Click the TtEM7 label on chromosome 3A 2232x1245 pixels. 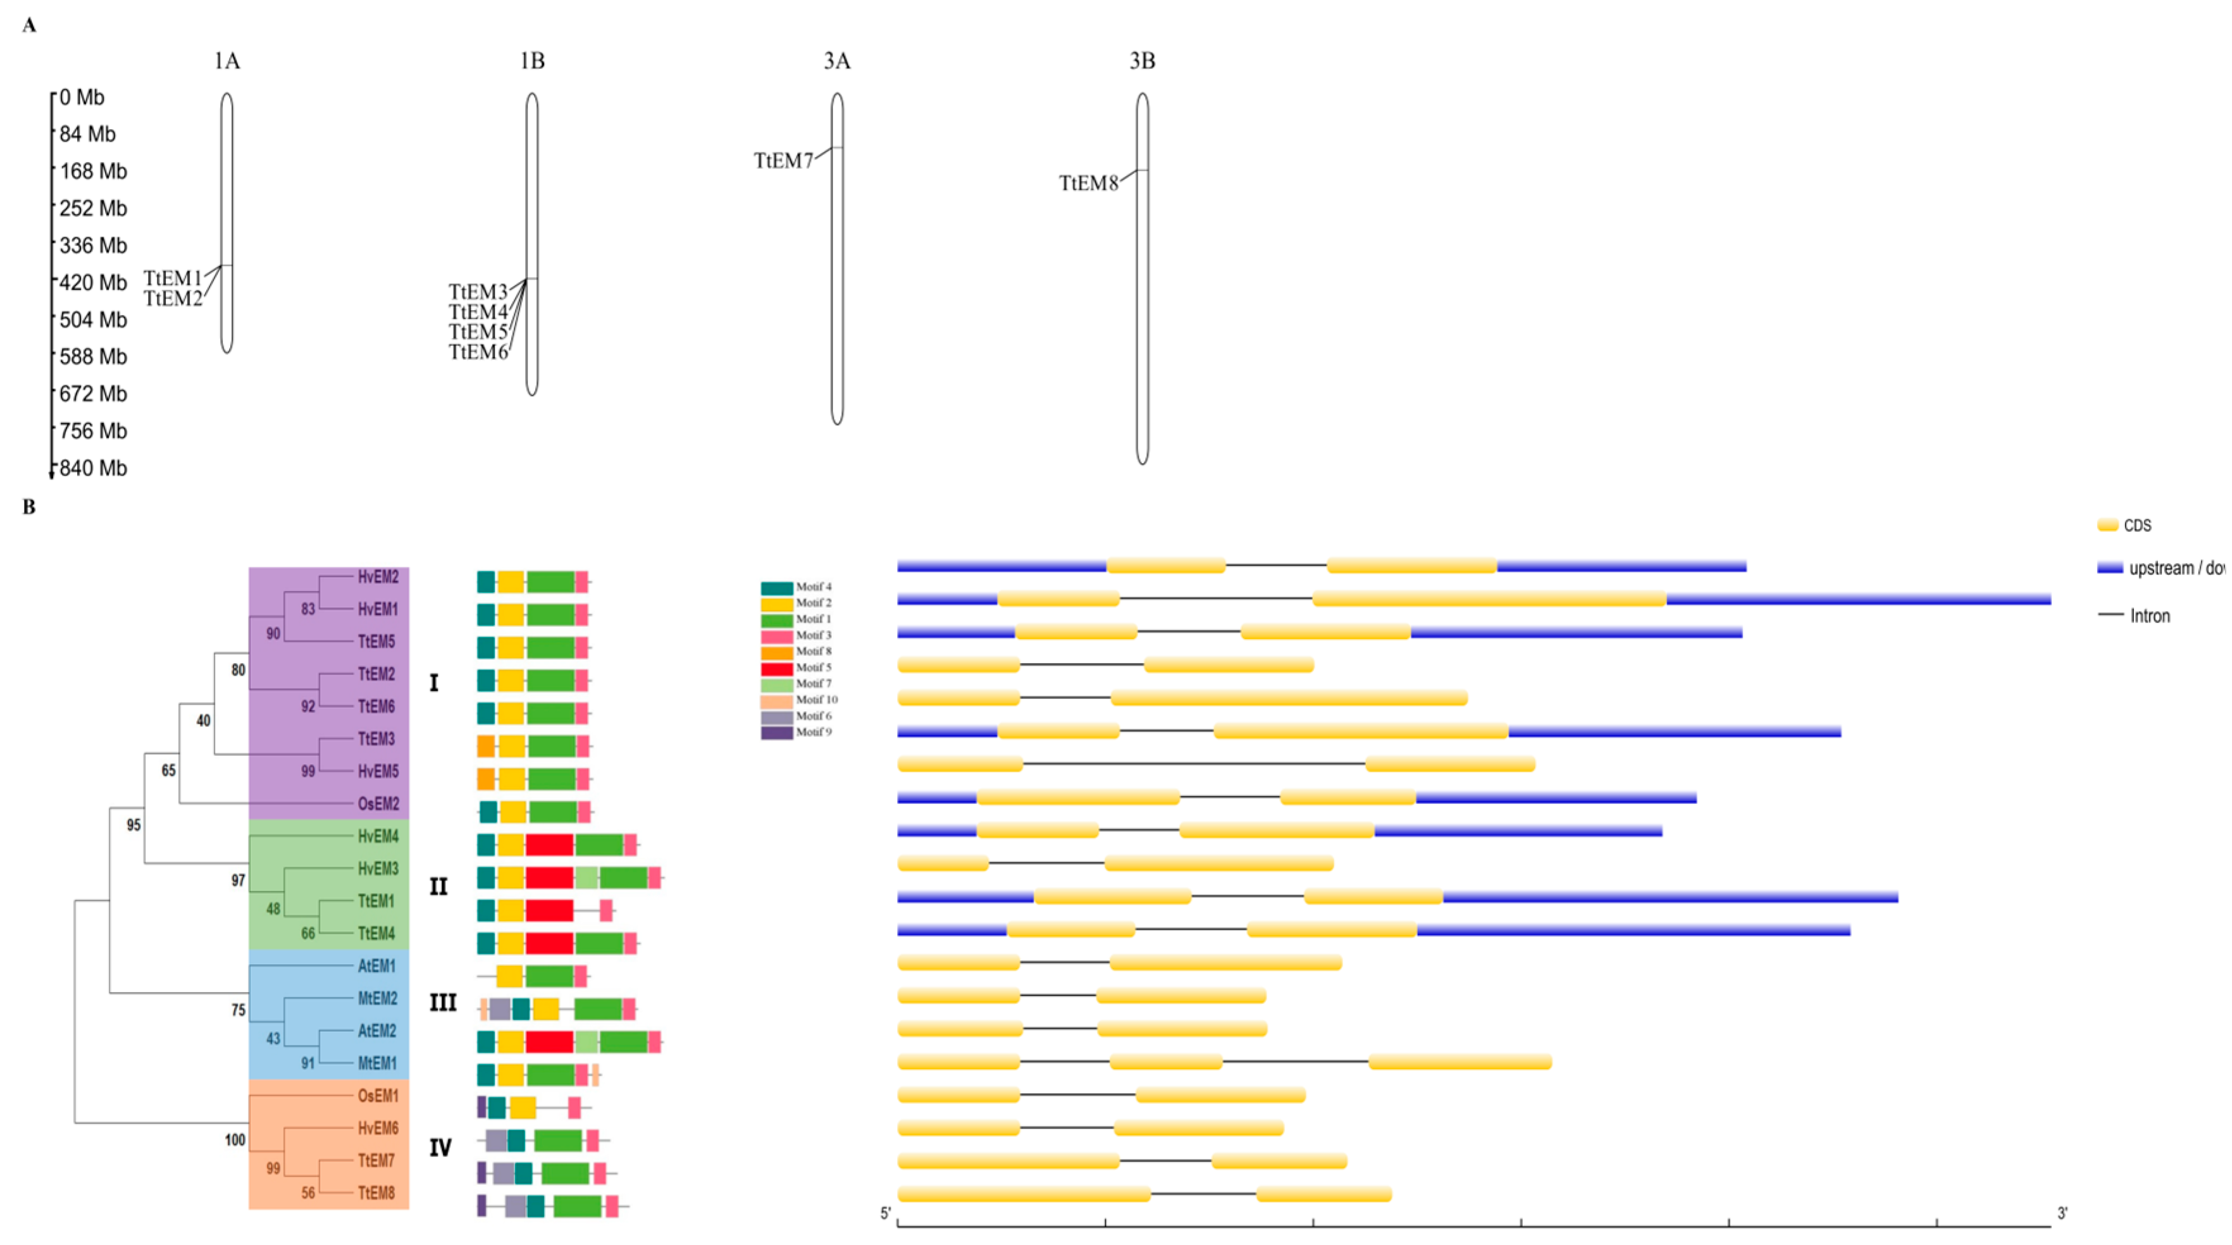point(783,161)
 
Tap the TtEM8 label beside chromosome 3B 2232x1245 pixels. point(1088,183)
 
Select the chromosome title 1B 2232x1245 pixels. point(532,61)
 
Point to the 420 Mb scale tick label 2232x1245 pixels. point(93,282)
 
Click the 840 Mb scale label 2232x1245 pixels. point(93,468)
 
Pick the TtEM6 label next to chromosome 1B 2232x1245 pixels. point(478,352)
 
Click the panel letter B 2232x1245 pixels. point(28,507)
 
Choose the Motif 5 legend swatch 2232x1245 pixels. point(776,668)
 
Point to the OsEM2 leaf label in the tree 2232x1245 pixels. point(378,804)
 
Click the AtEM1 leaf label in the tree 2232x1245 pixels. point(377,966)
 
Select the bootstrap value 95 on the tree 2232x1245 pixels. point(133,825)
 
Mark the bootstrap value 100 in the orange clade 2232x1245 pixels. point(235,1140)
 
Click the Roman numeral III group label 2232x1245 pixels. point(443,1003)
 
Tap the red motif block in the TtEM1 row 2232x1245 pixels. point(549,910)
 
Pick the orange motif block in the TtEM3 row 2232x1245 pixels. point(485,746)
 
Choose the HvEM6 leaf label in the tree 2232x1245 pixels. point(378,1128)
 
